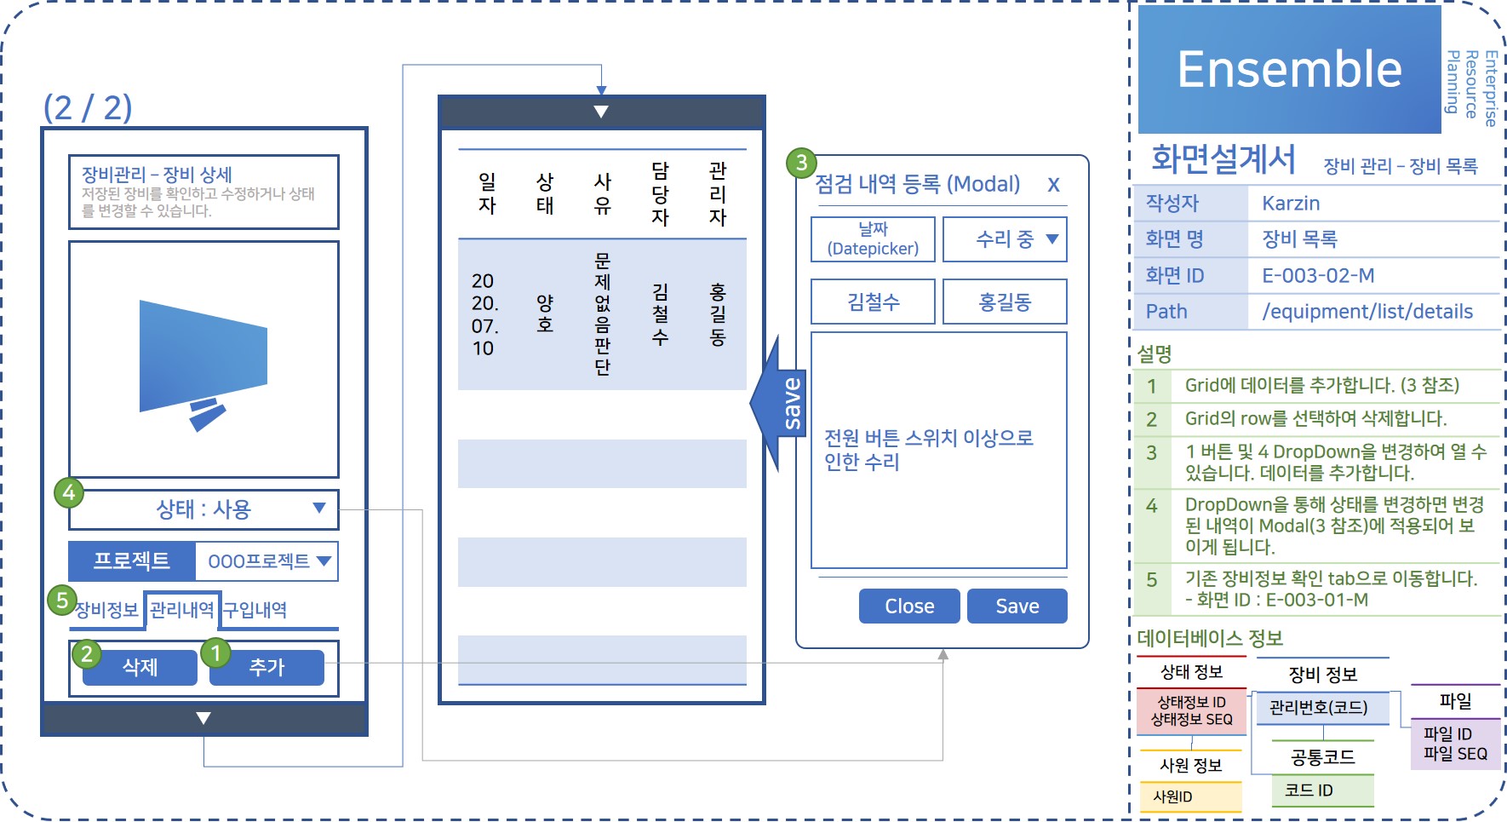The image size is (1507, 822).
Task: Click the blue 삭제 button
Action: [140, 667]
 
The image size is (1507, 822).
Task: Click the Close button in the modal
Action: [909, 606]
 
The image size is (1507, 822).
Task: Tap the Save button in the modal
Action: [1017, 606]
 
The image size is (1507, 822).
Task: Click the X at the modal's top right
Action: [1053, 185]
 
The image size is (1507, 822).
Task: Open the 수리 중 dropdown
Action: [1005, 239]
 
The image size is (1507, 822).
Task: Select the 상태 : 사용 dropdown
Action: [203, 509]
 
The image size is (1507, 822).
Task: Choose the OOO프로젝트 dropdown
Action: [266, 561]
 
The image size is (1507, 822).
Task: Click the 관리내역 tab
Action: [181, 610]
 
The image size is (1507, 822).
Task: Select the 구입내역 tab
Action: [255, 610]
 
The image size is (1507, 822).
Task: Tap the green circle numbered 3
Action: [801, 163]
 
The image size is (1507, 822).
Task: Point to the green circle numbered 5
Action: [62, 600]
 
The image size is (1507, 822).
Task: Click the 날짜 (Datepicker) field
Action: [873, 239]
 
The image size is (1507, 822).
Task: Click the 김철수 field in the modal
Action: [873, 302]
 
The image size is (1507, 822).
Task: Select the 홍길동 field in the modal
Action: [1005, 302]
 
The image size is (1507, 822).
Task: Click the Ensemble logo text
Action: [1289, 70]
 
